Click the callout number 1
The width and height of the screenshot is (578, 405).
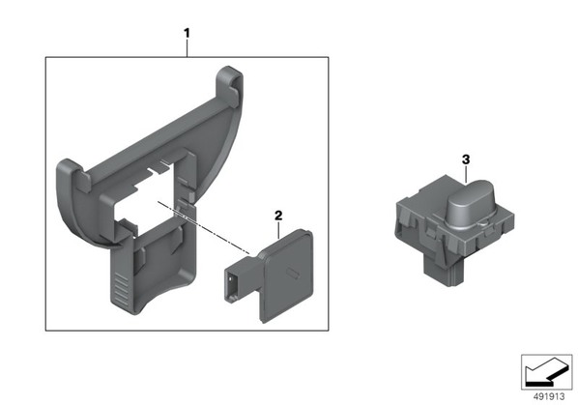point(187,33)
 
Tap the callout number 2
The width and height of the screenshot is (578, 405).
point(278,216)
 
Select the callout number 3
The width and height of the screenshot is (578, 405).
point(466,159)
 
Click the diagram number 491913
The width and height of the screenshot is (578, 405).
point(549,396)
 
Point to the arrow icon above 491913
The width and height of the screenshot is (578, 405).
point(547,372)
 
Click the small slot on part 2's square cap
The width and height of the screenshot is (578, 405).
point(293,274)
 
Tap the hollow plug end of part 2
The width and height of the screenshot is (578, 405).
point(232,285)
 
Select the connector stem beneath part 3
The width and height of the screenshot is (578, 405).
point(442,272)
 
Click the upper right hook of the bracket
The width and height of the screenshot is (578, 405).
point(230,85)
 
